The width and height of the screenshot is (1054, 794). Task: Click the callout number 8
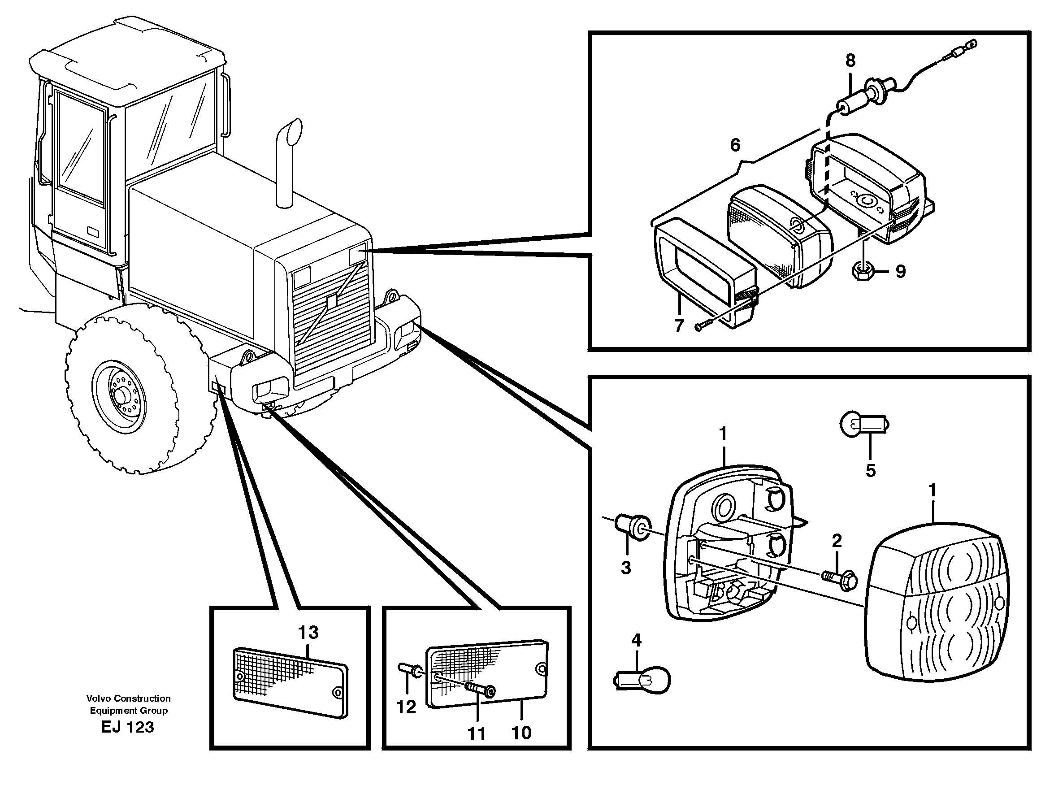click(x=850, y=61)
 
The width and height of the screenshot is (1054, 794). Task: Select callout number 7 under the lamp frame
click(x=679, y=326)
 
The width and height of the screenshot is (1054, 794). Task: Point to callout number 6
click(x=735, y=145)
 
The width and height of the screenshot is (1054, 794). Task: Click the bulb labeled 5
click(x=863, y=423)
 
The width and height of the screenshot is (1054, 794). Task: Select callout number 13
click(x=308, y=633)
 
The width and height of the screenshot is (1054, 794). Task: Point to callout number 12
click(x=406, y=707)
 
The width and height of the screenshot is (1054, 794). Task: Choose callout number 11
click(x=477, y=734)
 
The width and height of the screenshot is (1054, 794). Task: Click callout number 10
click(x=521, y=733)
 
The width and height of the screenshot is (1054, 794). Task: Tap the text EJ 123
click(x=128, y=727)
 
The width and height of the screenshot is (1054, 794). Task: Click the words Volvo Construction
click(x=128, y=698)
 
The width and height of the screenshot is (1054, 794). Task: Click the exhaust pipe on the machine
click(x=286, y=167)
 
